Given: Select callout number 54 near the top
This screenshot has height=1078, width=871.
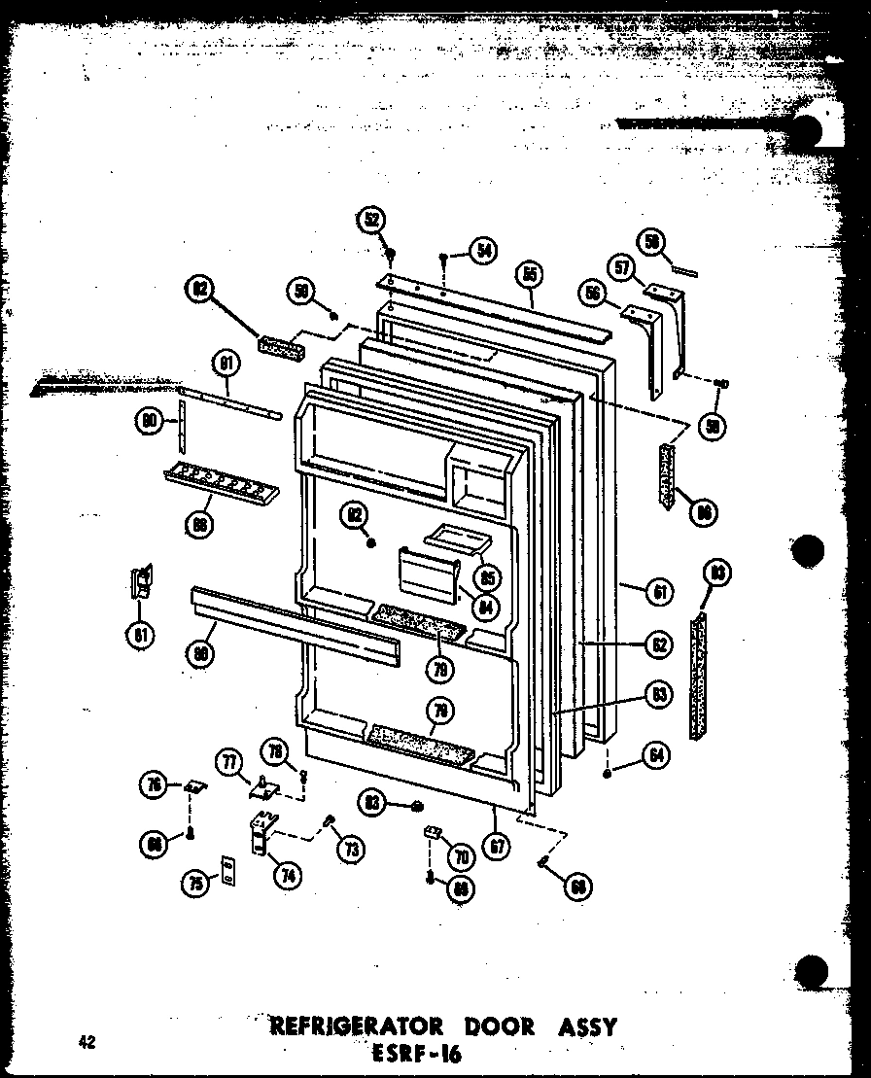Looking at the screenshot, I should click(480, 251).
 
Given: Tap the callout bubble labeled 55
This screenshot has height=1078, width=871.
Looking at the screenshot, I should click(529, 275).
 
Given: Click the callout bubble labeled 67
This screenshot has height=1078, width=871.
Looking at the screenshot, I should click(498, 846).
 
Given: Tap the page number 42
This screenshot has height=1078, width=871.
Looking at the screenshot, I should click(88, 1042).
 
